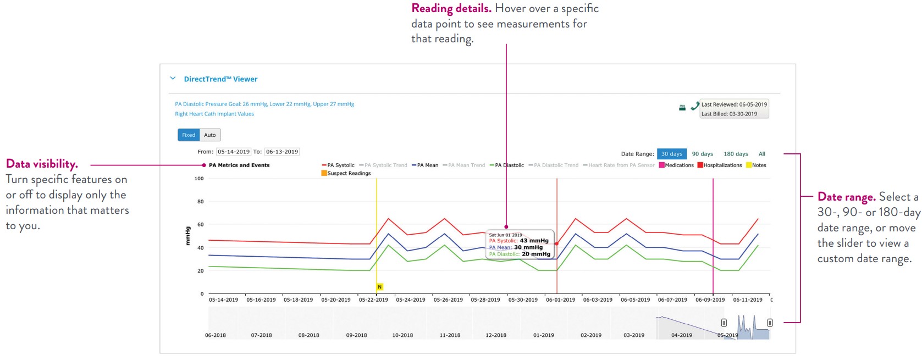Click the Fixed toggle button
189,135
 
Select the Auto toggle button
210,135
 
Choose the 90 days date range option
702,154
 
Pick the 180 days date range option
736,154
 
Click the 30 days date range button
671,154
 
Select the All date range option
761,154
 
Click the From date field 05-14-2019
234,152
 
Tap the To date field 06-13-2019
282,152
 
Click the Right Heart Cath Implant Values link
214,114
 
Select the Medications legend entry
678,165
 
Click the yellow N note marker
379,287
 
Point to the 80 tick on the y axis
201,202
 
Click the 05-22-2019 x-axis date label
373,300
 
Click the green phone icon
694,106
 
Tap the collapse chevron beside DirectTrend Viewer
173,79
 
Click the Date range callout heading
846,197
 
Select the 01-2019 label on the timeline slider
544,335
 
